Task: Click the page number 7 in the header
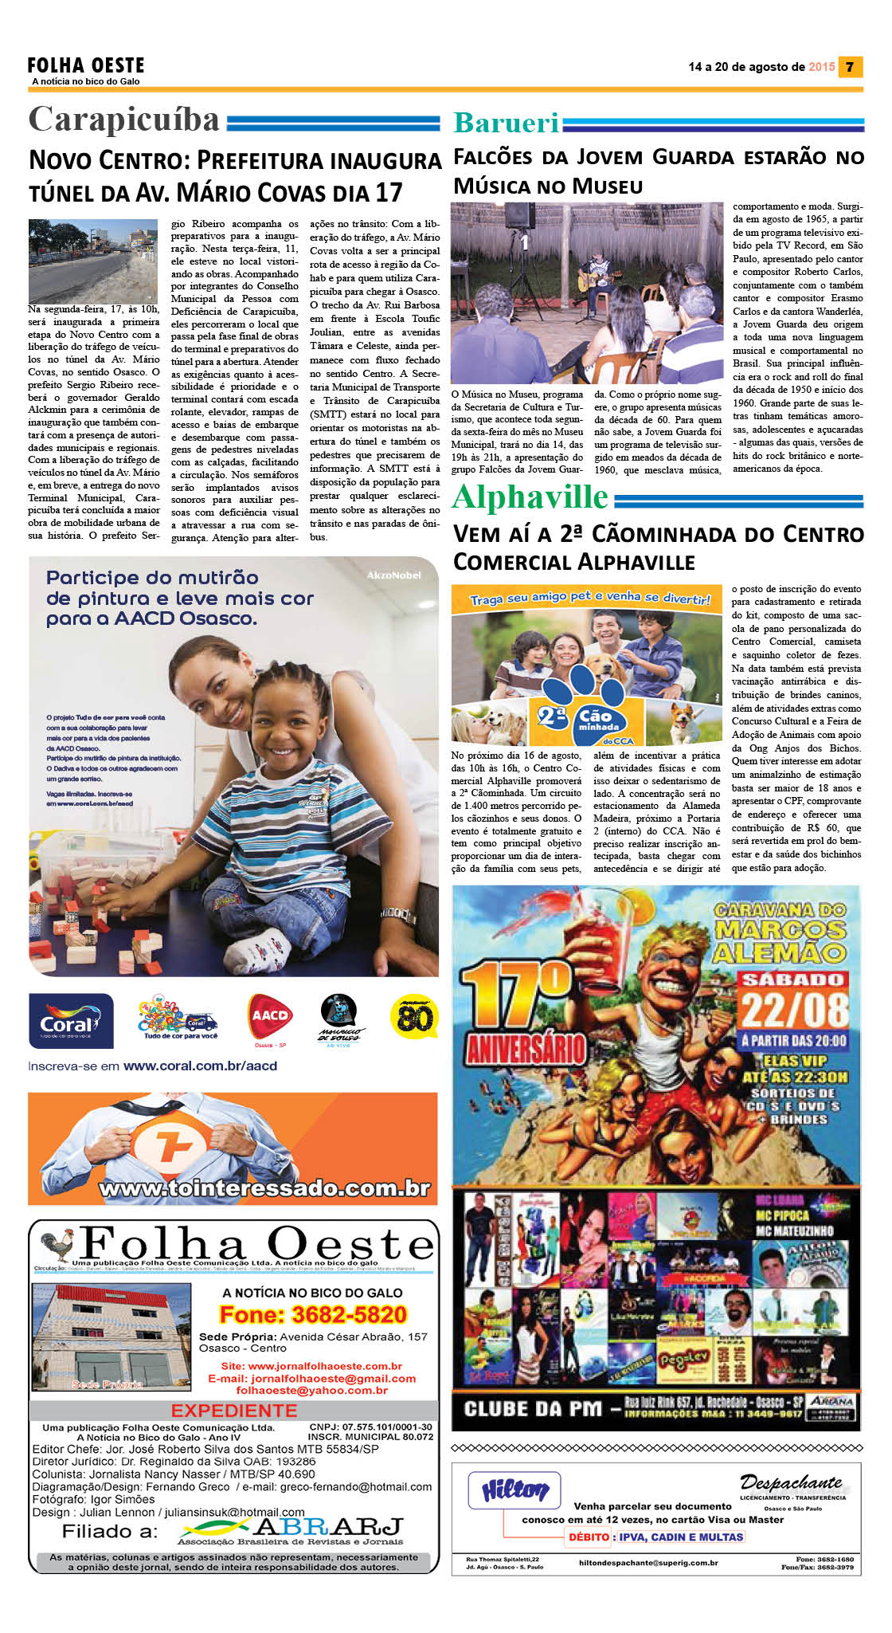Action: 850,67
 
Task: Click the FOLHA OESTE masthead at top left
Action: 86,65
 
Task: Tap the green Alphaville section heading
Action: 530,498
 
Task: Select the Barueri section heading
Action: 507,123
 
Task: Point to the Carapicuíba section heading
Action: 124,120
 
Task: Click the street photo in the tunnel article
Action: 93,261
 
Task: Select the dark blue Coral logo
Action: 71,1021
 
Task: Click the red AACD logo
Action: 270,1017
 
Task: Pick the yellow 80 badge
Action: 414,1016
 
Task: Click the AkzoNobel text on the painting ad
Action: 393,575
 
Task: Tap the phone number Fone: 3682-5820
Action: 313,1314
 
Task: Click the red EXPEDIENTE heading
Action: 234,1410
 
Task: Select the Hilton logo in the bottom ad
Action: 514,1490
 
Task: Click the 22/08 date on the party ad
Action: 793,1010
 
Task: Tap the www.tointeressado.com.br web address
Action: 264,1188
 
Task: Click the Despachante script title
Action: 790,1482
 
